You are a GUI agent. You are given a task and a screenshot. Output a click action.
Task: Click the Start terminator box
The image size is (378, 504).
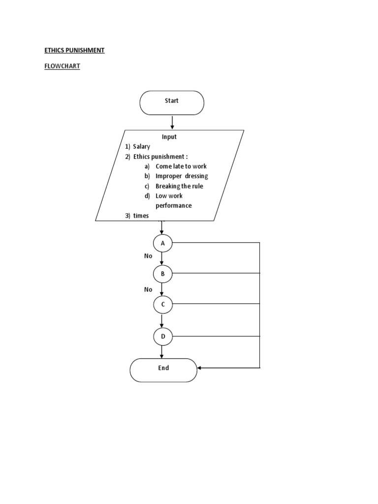tap(172, 103)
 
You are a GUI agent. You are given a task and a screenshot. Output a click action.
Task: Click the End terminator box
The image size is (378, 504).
tap(163, 369)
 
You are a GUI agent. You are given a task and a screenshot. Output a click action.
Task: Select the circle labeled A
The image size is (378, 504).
tap(162, 243)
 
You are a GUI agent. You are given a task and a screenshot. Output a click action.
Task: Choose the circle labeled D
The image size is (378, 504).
tap(162, 337)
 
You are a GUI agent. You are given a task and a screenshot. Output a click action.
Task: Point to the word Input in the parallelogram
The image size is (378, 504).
tap(169, 137)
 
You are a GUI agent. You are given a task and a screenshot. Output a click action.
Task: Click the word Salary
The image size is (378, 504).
tap(141, 147)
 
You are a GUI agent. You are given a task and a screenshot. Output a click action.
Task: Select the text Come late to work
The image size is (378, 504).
tap(181, 166)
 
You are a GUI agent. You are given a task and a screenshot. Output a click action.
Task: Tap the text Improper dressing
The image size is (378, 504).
tap(182, 176)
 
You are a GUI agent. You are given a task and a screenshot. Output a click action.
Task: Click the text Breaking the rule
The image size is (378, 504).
tap(179, 186)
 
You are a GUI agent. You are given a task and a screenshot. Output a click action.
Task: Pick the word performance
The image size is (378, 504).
tap(173, 206)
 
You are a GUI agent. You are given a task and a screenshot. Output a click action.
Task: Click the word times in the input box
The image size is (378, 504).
tap(141, 216)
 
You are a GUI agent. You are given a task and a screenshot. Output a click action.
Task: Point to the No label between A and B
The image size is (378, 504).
tap(148, 256)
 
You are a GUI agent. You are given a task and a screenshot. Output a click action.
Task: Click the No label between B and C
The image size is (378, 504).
tap(148, 289)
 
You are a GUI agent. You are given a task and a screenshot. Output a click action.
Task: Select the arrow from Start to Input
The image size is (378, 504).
tap(172, 122)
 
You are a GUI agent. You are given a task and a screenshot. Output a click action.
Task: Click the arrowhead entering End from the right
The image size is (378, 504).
tap(200, 368)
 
